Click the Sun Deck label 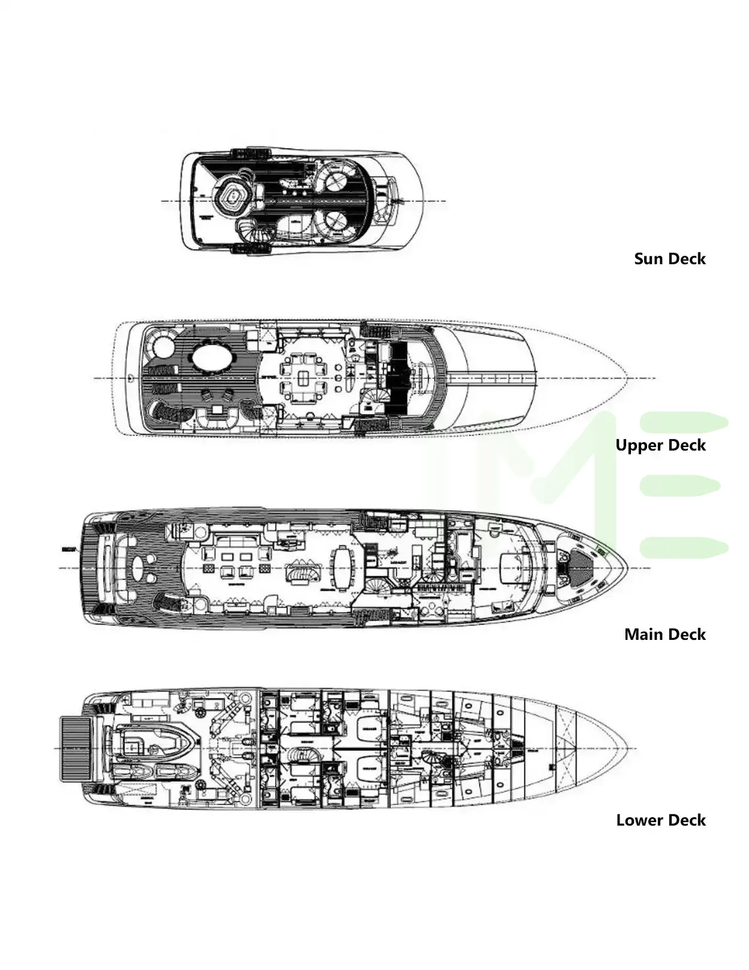669,259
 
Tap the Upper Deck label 660,445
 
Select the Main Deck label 665,634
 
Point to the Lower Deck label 660,820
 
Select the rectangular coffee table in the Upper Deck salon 304,379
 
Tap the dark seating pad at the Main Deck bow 579,566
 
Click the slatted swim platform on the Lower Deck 76,749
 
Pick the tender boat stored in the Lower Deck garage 154,743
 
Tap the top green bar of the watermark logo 683,423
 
